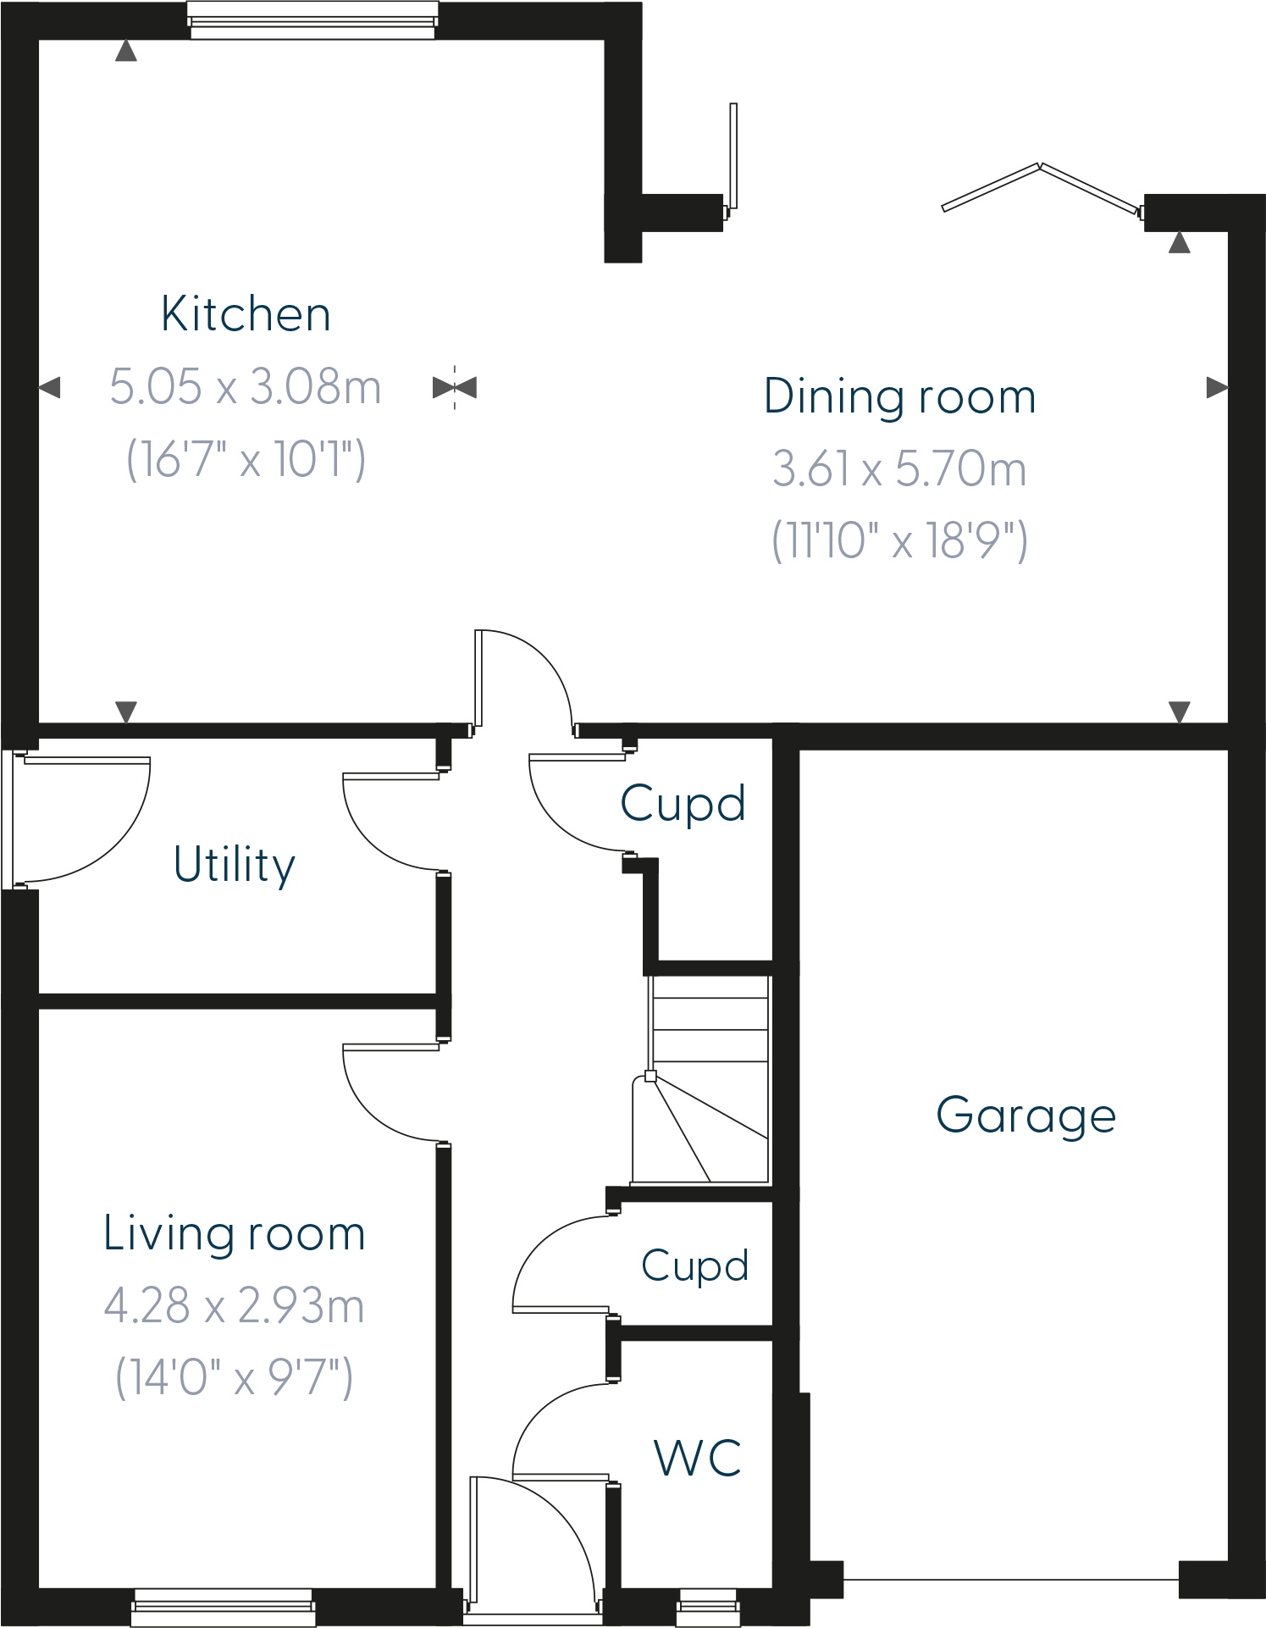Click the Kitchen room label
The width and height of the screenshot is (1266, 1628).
point(246,315)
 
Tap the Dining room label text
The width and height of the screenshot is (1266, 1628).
point(899,396)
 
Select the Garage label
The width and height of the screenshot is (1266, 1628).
point(1026,1116)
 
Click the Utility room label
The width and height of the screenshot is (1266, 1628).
point(235,865)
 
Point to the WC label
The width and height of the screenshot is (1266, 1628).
point(698,1459)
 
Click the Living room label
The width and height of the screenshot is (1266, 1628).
point(235,1233)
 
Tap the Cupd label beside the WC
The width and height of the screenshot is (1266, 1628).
point(694,1266)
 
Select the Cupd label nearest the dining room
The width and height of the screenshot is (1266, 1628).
point(683,803)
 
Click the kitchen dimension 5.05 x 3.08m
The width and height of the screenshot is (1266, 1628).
point(246,387)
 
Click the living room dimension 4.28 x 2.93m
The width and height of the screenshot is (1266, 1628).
point(235,1305)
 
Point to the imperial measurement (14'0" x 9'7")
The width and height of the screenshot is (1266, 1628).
point(235,1377)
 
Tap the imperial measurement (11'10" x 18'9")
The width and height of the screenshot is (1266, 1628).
point(899,540)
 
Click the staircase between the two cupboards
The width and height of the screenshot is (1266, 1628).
point(708,1080)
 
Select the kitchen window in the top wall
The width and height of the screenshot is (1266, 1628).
point(312,20)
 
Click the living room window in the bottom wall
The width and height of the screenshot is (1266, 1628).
point(224,1607)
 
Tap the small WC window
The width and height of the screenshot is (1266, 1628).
point(708,1607)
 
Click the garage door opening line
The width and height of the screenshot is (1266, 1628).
point(1011,1580)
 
